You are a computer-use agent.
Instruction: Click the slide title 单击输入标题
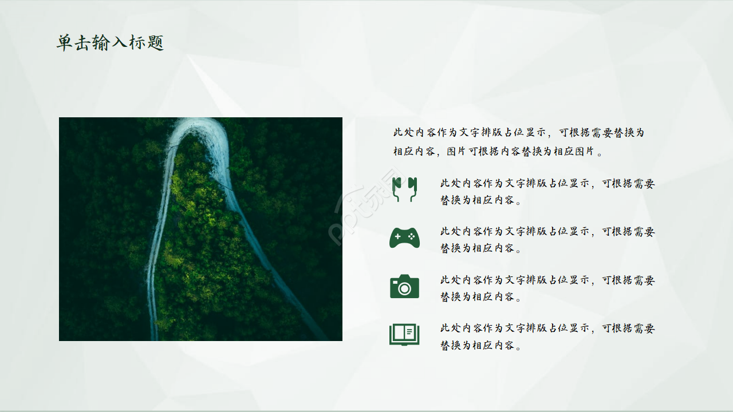point(110,43)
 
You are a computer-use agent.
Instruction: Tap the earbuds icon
point(404,189)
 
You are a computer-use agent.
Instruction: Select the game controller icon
point(404,237)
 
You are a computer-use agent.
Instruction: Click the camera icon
point(404,286)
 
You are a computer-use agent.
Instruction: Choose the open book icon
point(404,334)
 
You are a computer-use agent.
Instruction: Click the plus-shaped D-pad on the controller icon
point(398,236)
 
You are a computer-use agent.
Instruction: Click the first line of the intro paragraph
point(518,133)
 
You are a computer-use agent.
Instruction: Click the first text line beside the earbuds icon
point(547,184)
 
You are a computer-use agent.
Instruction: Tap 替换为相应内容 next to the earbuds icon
point(480,201)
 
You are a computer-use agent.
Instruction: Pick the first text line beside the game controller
point(547,232)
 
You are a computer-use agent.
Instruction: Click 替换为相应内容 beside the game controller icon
point(480,249)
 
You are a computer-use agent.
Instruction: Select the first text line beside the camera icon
point(547,280)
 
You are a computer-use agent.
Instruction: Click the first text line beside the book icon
point(547,328)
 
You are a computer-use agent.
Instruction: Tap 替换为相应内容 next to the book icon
point(480,346)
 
